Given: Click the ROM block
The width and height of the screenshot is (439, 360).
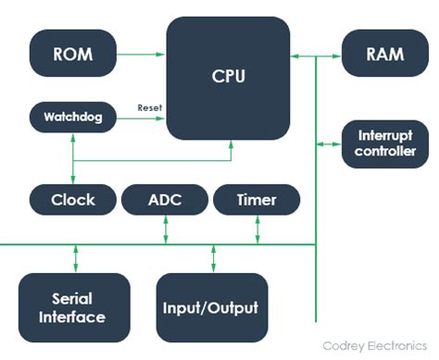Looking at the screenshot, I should (x=72, y=54).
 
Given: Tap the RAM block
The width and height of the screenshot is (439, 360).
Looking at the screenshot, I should (x=385, y=54).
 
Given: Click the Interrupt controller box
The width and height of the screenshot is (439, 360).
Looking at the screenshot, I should (x=385, y=144).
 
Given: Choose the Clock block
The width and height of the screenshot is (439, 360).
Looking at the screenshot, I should (x=72, y=199).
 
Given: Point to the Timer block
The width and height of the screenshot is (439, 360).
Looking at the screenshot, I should (x=257, y=199).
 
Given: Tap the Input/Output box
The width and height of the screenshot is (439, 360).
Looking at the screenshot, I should (x=211, y=307).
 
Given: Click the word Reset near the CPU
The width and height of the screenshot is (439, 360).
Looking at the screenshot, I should (x=149, y=108).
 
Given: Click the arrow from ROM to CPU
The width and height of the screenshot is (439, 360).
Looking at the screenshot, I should (x=141, y=54).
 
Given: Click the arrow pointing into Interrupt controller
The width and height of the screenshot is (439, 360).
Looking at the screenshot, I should (x=330, y=144).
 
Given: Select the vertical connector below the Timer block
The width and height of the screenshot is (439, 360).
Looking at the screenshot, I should (x=257, y=229).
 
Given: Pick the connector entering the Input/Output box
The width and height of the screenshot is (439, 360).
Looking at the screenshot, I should (x=211, y=259).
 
